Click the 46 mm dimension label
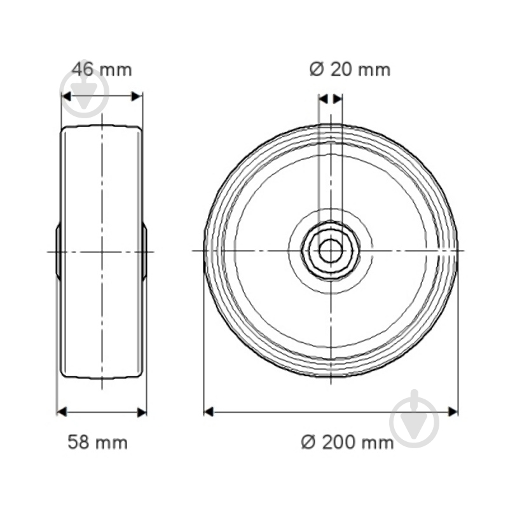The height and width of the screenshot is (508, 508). point(101,69)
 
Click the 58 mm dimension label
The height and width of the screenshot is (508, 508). point(97,442)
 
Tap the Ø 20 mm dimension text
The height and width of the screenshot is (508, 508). point(350,69)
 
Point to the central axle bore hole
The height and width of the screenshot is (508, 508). point(330,251)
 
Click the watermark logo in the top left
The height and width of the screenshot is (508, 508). point(83,89)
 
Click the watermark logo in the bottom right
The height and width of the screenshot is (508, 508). point(414,418)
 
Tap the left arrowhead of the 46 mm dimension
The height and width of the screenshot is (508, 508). point(66,97)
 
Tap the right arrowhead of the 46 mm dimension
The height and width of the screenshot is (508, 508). point(137,97)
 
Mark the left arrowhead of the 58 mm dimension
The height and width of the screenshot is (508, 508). point(62,412)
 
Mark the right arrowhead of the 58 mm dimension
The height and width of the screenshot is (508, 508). point(142,412)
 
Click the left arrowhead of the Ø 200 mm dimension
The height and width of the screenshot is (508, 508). point(209,412)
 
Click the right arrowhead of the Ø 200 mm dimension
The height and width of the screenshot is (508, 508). point(453,412)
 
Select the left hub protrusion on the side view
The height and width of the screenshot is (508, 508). point(58,251)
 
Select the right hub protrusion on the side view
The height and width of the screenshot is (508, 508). point(144,251)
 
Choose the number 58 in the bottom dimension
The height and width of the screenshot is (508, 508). point(79,442)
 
